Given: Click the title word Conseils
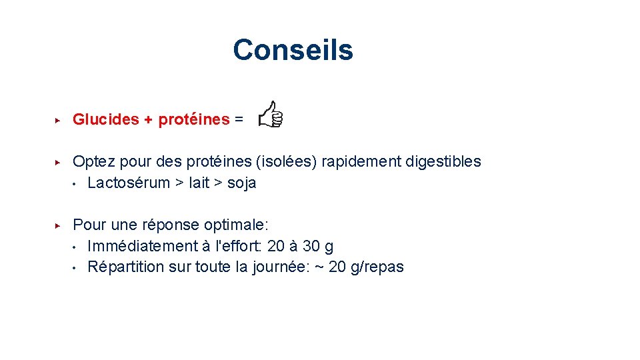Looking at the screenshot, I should pyautogui.click(x=293, y=50).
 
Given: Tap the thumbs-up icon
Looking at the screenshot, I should pyautogui.click(x=271, y=115).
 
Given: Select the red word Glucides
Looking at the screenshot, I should pyautogui.click(x=105, y=119).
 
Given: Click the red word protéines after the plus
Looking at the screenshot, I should pyautogui.click(x=194, y=120).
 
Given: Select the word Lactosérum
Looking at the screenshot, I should pyautogui.click(x=129, y=183).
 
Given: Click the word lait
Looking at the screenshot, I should pyautogui.click(x=199, y=183).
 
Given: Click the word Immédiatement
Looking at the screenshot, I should pyautogui.click(x=142, y=247).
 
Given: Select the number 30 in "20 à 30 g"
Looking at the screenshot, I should pyautogui.click(x=310, y=247).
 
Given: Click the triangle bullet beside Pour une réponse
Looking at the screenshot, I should pyautogui.click(x=58, y=225).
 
